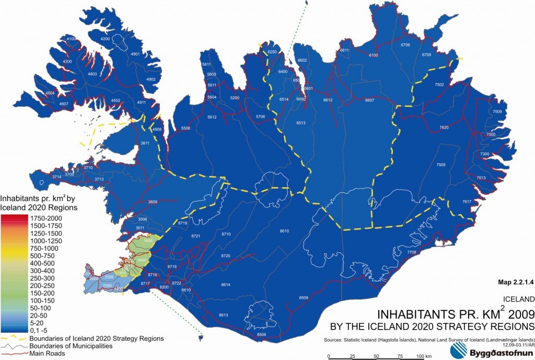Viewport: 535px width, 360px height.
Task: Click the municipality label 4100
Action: point(71,39)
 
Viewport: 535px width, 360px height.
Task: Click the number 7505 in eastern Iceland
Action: point(440,165)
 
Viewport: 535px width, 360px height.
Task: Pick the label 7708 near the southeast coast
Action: point(411,252)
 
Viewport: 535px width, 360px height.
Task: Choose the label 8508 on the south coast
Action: point(261,334)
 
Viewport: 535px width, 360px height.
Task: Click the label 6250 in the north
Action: point(272,52)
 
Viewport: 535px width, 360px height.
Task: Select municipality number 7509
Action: point(497,112)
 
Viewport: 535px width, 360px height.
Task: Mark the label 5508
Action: point(185,128)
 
